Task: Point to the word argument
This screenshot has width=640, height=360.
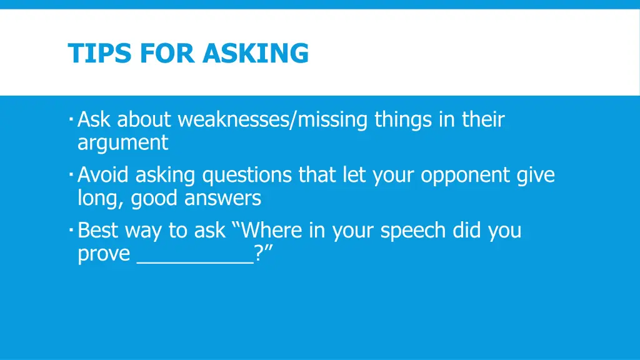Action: coord(122,143)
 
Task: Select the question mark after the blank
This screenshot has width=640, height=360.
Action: coord(259,254)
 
